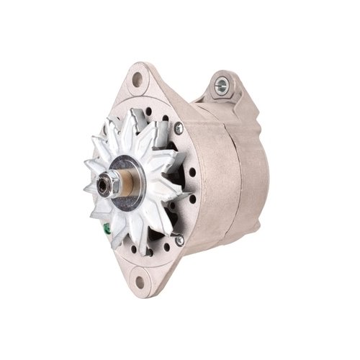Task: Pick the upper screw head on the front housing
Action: coord(179,129)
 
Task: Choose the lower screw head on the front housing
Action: coord(179,240)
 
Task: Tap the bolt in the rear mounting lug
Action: coord(221,84)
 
